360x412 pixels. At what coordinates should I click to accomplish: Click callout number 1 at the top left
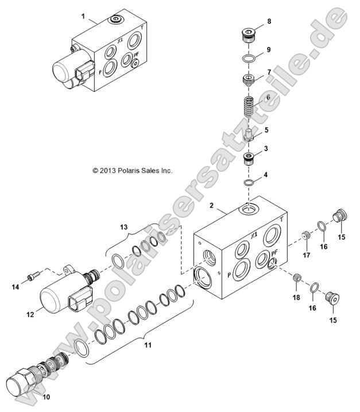(x=84, y=17)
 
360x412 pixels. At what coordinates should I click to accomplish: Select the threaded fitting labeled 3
(x=248, y=157)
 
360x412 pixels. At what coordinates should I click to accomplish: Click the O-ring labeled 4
(x=248, y=183)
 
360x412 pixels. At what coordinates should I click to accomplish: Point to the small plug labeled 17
(x=307, y=236)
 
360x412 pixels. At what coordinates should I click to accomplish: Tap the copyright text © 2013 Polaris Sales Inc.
(x=132, y=171)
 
